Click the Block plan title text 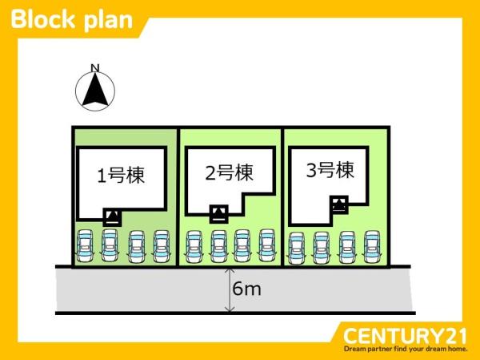click(72, 19)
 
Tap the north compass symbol click(94, 91)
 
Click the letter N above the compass click(94, 67)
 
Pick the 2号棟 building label click(229, 172)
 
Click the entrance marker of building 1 click(114, 216)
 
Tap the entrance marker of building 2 click(218, 213)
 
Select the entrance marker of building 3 click(339, 204)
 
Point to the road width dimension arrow click(230, 289)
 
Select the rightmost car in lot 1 click(162, 245)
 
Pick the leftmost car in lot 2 click(193, 245)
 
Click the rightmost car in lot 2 click(267, 245)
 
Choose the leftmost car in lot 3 click(297, 247)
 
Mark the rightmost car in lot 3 click(371, 247)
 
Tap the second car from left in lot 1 click(110, 245)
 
